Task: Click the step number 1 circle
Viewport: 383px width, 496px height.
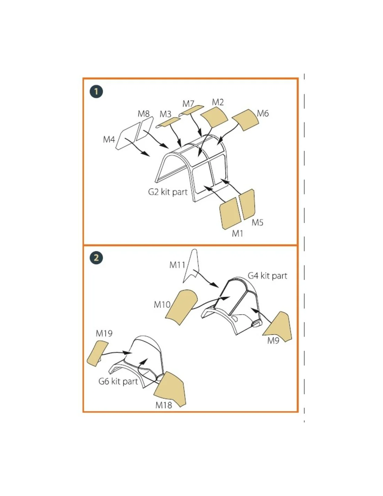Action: (96, 92)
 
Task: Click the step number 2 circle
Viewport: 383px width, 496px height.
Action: (96, 258)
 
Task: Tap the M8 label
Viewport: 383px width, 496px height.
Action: (143, 113)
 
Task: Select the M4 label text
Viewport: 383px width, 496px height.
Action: (109, 139)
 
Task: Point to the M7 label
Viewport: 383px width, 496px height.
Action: (188, 104)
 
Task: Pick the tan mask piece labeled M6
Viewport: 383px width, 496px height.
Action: (245, 120)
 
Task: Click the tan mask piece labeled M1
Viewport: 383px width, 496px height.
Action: (230, 213)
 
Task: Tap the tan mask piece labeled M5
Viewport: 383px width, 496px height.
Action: (247, 204)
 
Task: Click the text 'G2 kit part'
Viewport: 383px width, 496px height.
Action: (168, 192)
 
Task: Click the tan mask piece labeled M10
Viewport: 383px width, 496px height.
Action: (181, 307)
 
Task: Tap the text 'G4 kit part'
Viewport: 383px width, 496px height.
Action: (267, 276)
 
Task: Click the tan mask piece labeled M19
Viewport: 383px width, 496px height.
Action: (97, 353)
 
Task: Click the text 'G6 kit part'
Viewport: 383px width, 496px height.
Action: (118, 381)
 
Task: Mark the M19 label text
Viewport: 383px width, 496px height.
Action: (104, 333)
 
